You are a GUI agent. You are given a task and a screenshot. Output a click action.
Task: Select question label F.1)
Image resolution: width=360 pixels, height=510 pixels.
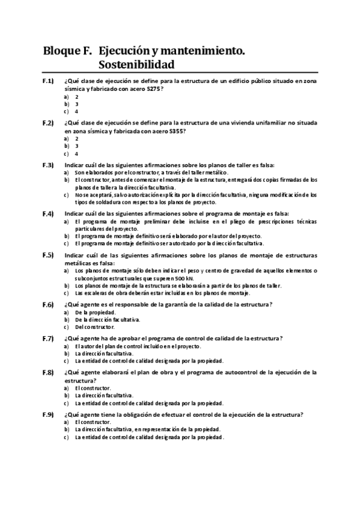coord(48,81)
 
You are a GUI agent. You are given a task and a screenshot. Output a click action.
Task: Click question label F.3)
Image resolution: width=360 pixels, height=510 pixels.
coord(48,165)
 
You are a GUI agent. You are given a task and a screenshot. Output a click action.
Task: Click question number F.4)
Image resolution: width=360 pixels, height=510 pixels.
coord(48,214)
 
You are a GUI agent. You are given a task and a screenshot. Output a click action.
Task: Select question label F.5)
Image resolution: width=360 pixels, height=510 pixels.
coord(48,256)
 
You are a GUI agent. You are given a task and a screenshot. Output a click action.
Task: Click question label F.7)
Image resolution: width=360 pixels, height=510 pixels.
coord(48,339)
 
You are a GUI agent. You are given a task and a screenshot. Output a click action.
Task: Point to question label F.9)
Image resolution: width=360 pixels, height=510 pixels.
coord(48,414)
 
